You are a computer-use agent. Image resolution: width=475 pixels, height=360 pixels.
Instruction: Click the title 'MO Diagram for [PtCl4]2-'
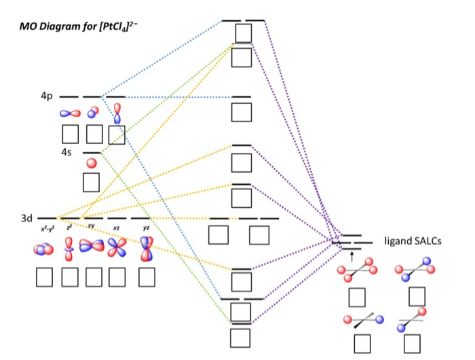coord(79,26)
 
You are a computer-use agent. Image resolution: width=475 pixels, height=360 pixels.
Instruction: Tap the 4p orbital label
coord(47,96)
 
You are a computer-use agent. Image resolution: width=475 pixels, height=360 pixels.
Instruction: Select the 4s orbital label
coord(66,152)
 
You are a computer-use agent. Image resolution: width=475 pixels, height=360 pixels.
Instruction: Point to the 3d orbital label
coord(26,218)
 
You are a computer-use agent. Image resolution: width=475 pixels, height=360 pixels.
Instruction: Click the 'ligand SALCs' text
coord(413,241)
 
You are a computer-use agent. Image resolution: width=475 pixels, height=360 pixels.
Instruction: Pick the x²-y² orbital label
coord(47,229)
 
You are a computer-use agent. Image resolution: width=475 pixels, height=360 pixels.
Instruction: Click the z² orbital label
coord(69,227)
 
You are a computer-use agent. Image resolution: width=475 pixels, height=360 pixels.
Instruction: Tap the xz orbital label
coord(116,228)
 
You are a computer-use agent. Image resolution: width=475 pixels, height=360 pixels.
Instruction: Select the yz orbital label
coord(146,228)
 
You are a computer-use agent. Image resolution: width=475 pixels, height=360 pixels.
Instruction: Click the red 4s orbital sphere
coord(92,163)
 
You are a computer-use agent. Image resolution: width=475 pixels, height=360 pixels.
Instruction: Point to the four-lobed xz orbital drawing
coord(117,247)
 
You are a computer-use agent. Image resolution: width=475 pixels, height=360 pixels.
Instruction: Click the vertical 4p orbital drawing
coord(117,113)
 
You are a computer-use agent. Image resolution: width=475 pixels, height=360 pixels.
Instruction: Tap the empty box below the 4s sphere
coord(91,183)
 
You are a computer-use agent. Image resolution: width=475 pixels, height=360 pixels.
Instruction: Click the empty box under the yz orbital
coord(147,277)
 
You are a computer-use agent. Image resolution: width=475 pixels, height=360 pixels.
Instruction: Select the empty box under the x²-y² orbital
coord(44,277)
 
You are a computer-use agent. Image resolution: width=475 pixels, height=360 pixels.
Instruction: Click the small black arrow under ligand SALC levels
coord(351,257)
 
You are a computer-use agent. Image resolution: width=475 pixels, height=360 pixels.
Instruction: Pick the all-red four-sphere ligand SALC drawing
coord(357,270)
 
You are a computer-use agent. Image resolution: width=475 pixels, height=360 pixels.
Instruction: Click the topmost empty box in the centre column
coord(244,33)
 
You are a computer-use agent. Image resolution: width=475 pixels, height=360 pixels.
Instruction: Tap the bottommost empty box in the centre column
coord(240,338)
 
